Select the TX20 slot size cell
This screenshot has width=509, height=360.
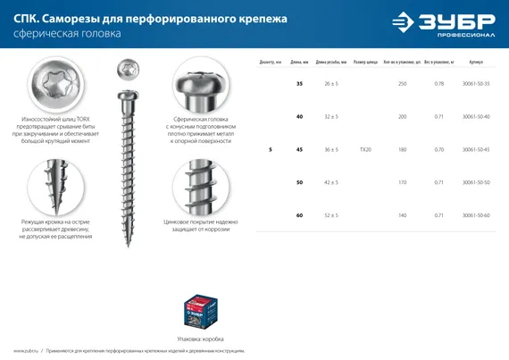point(364,149)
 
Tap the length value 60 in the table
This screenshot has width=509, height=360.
point(299,215)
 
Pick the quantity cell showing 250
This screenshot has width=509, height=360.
point(402,83)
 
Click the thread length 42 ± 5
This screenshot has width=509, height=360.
point(331,182)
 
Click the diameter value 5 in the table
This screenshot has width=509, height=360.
point(271,149)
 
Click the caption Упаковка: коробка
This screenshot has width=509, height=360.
point(199,339)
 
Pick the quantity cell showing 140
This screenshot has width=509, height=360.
point(402,215)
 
